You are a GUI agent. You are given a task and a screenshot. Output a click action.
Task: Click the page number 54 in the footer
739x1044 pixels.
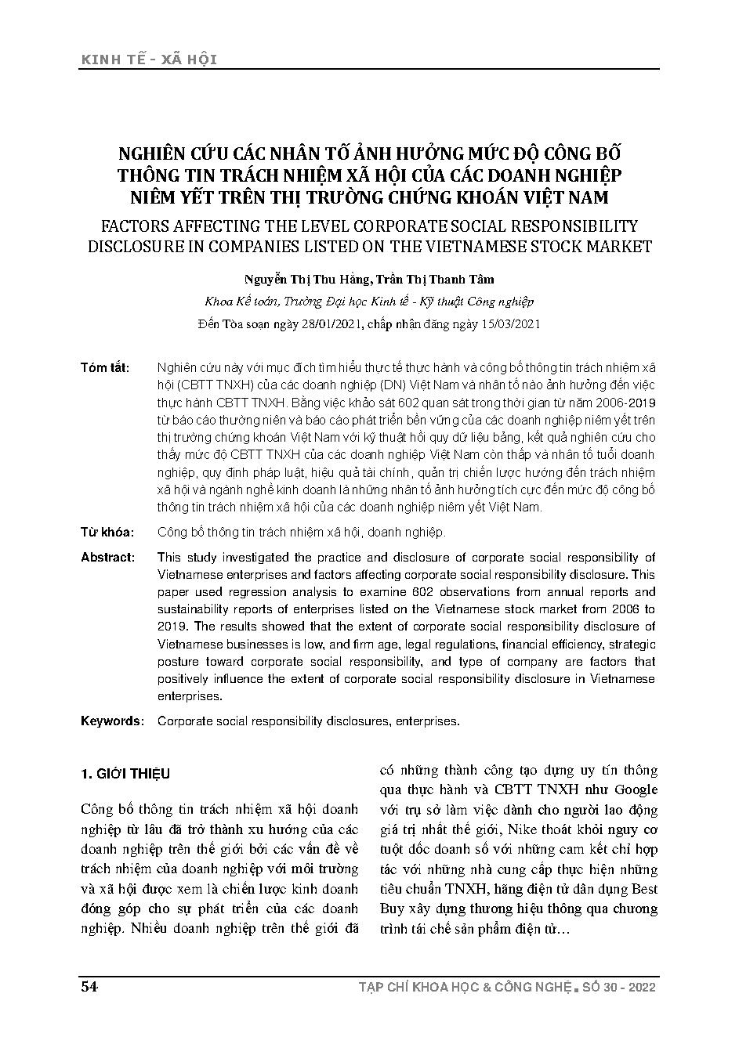pyautogui.click(x=89, y=987)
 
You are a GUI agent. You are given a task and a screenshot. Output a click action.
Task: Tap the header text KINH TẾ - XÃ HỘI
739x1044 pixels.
pyautogui.click(x=148, y=60)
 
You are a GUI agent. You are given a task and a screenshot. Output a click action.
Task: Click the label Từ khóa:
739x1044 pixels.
pyautogui.click(x=107, y=533)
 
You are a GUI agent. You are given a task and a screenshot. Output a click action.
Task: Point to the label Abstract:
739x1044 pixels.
pyautogui.click(x=107, y=558)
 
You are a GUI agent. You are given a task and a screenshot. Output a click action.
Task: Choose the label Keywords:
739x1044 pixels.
pyautogui.click(x=112, y=721)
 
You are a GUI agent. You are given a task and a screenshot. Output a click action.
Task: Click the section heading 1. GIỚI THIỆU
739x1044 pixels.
pyautogui.click(x=125, y=774)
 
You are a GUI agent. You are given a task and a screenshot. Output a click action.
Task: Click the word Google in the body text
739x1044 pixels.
pyautogui.click(x=635, y=789)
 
